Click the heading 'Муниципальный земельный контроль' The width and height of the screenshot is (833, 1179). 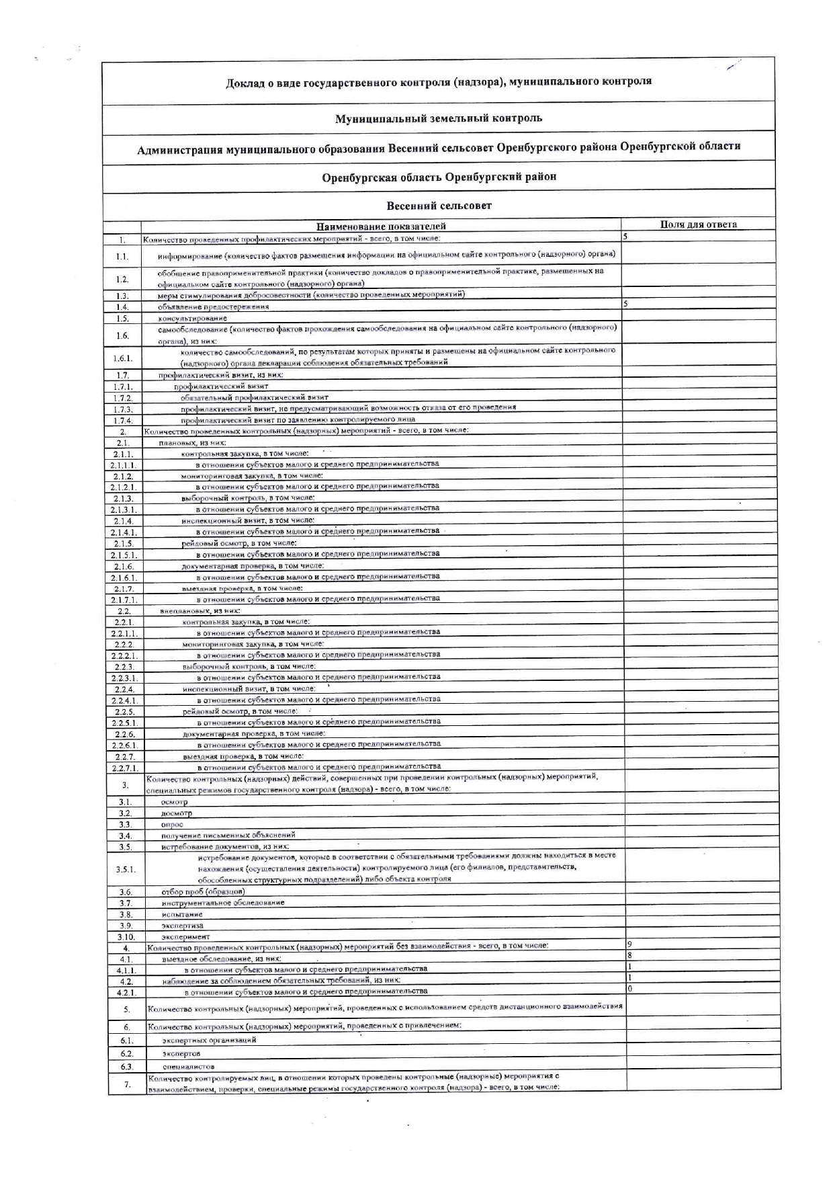(x=439, y=118)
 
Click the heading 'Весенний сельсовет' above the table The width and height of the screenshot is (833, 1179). (x=439, y=205)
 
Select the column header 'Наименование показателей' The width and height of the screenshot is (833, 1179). (x=381, y=226)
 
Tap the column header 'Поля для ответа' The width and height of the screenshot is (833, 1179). (x=698, y=225)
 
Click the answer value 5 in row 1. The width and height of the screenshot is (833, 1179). (x=625, y=237)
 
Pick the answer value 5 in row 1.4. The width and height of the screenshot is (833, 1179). (x=625, y=304)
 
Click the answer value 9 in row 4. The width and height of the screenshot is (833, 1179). (x=629, y=944)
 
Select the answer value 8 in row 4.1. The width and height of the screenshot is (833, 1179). (x=629, y=955)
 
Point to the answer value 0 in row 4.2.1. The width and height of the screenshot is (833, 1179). (x=629, y=989)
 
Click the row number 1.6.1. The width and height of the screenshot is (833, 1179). (x=122, y=358)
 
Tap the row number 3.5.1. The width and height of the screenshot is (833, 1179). (x=126, y=869)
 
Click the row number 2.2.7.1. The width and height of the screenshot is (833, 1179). (x=125, y=768)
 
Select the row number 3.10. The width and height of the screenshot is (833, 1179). (x=126, y=937)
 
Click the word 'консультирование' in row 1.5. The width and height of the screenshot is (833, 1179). (x=193, y=318)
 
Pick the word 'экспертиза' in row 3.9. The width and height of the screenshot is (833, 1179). (x=182, y=926)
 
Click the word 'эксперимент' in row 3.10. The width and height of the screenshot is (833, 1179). (x=185, y=936)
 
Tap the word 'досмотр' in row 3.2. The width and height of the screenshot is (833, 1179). (x=176, y=813)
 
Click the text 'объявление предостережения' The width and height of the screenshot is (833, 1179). (x=214, y=307)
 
